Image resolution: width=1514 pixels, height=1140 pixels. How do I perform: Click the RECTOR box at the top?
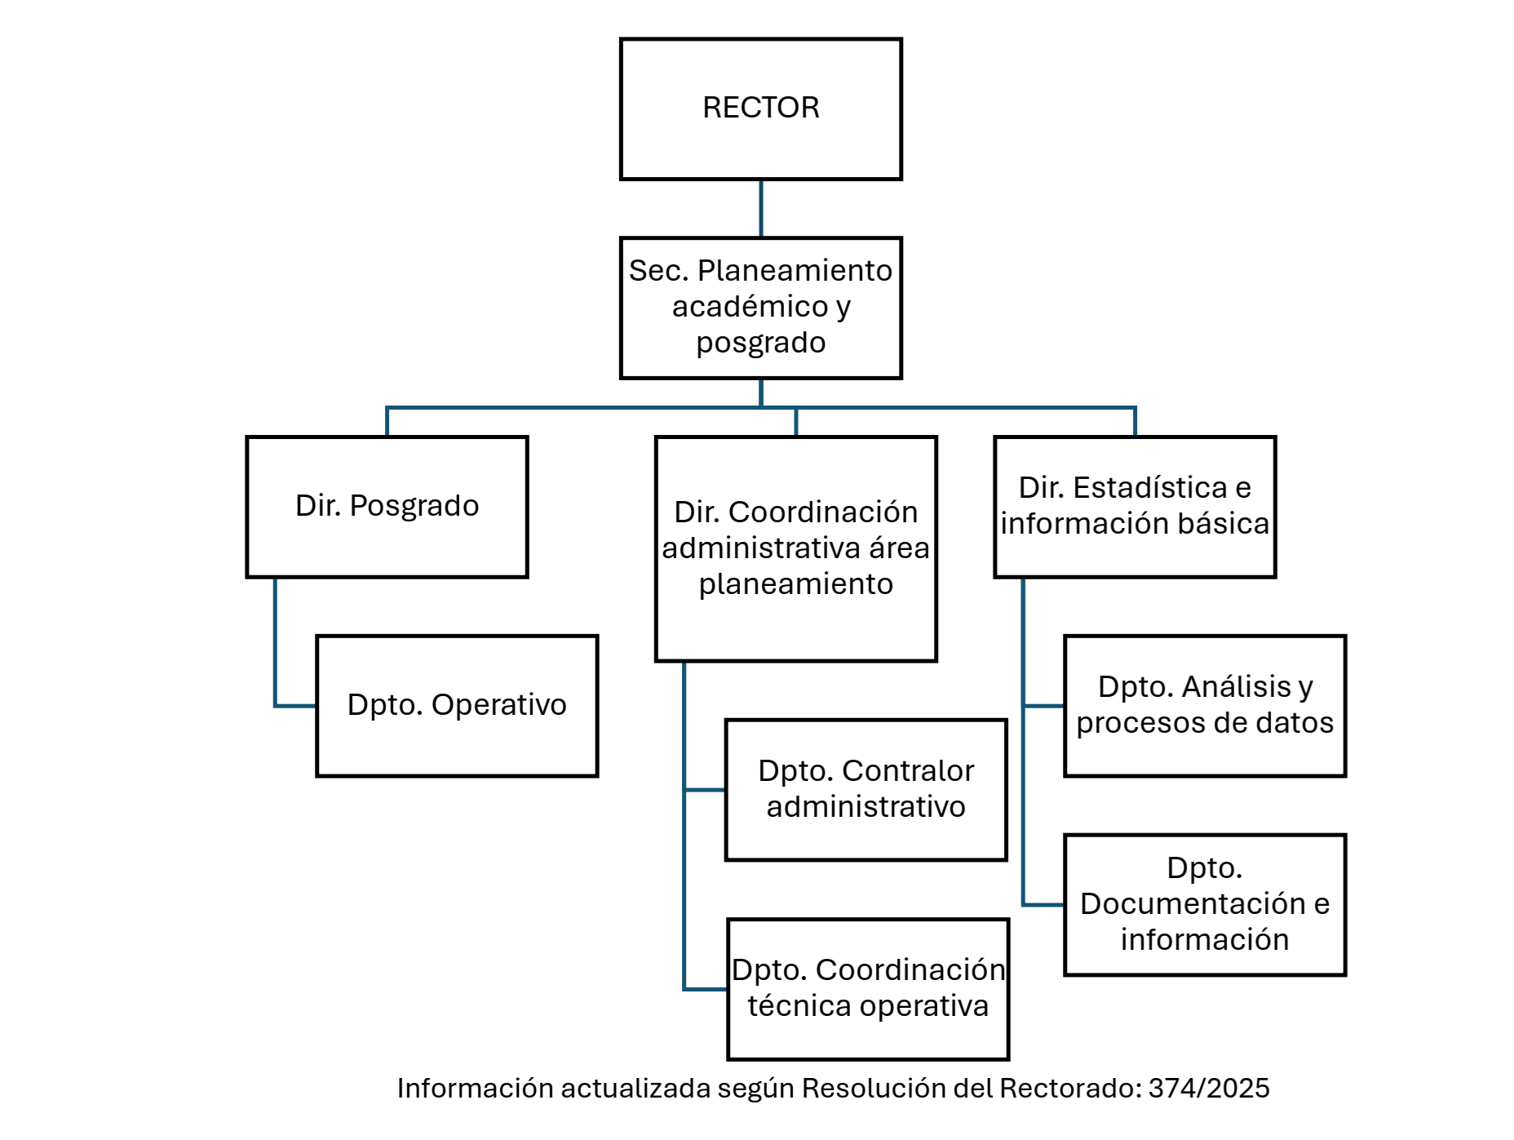[x=760, y=109]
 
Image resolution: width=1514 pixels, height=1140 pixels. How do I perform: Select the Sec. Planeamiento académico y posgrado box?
[x=760, y=308]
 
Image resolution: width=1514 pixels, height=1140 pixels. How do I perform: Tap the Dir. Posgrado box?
[x=387, y=507]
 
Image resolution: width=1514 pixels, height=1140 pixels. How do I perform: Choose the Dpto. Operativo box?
[x=457, y=706]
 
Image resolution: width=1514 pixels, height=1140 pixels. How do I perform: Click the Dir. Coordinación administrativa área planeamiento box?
[x=795, y=548]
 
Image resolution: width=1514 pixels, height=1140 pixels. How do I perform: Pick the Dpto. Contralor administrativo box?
[x=865, y=789]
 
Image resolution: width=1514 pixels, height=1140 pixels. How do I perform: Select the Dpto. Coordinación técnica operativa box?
[x=868, y=989]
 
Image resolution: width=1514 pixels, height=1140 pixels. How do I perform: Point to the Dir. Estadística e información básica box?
[x=1135, y=507]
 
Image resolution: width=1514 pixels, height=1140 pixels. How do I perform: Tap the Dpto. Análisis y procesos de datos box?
[x=1205, y=706]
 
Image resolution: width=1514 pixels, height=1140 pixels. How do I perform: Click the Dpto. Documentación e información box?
[x=1205, y=905]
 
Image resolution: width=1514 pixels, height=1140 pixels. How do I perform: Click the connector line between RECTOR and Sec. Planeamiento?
[x=761, y=209]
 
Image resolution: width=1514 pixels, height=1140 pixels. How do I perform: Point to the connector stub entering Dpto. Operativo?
[x=295, y=706]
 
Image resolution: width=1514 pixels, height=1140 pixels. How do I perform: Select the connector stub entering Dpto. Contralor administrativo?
[x=705, y=790]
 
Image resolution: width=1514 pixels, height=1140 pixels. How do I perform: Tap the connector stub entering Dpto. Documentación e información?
[x=1043, y=905]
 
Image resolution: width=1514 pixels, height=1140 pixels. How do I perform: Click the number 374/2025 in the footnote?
[x=1208, y=1089]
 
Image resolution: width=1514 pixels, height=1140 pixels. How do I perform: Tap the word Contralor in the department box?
[x=907, y=771]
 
